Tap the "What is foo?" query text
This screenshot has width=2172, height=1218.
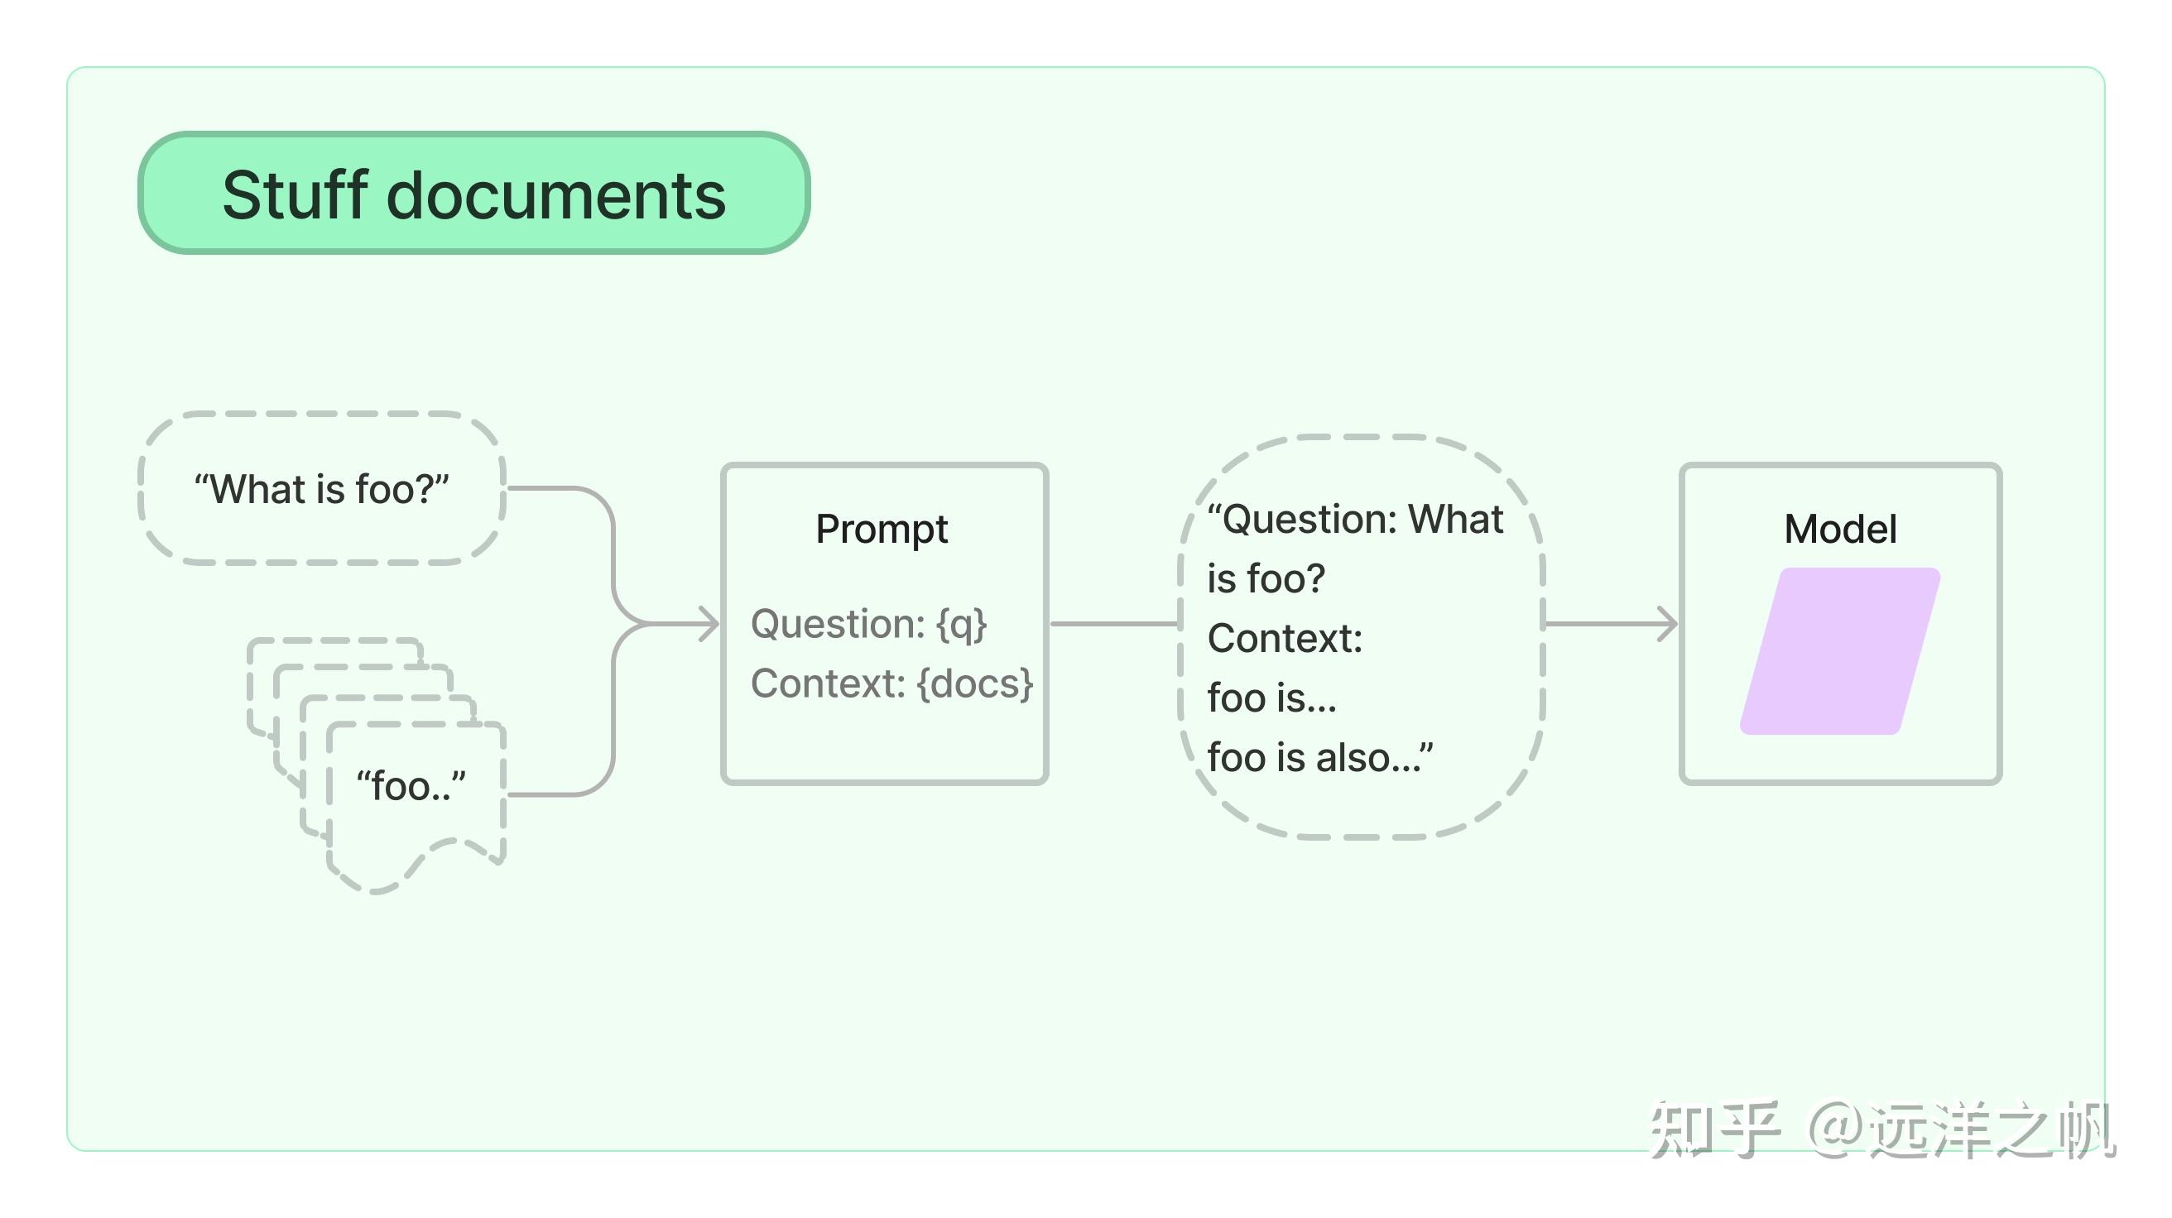pyautogui.click(x=321, y=489)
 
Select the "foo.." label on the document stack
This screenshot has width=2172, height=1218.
pyautogui.click(x=411, y=785)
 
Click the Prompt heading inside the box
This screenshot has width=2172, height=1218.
pyautogui.click(x=882, y=530)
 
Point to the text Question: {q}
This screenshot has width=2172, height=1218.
pyautogui.click(x=868, y=625)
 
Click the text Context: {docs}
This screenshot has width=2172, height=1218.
pyautogui.click(x=891, y=683)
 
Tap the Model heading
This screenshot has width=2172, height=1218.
pyautogui.click(x=1841, y=530)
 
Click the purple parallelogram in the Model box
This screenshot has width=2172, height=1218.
pyautogui.click(x=1841, y=650)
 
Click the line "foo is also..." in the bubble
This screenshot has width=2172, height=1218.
pyautogui.click(x=1319, y=757)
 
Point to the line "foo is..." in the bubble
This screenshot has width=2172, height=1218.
pyautogui.click(x=1271, y=698)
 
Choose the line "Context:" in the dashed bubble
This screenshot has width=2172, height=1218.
pyautogui.click(x=1285, y=638)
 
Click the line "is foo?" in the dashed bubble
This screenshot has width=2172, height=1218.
pyautogui.click(x=1266, y=579)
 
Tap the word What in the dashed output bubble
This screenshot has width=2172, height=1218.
pyautogui.click(x=1456, y=520)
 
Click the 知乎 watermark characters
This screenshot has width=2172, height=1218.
pyautogui.click(x=1714, y=1129)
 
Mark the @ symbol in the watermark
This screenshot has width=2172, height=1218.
pyautogui.click(x=1837, y=1129)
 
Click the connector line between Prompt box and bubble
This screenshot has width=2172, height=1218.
pyautogui.click(x=1114, y=624)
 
